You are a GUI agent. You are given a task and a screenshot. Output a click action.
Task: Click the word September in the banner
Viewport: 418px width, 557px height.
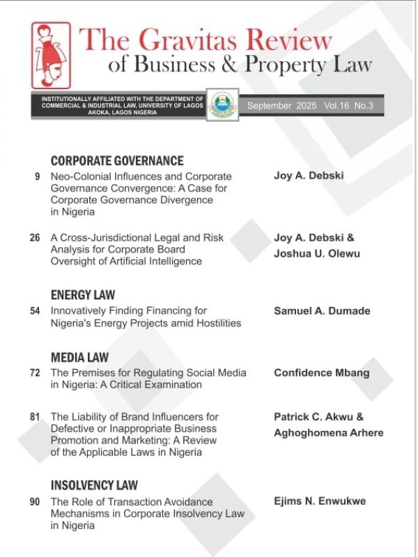pos(270,106)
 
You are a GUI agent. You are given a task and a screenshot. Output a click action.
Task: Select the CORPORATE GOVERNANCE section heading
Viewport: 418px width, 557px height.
pos(117,161)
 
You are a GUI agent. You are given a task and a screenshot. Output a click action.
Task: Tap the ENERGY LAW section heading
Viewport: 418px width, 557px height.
pos(83,295)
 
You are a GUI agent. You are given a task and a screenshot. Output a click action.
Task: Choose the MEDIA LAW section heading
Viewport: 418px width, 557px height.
pos(79,358)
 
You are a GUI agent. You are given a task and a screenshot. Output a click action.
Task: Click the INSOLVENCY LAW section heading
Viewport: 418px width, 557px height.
pos(95,485)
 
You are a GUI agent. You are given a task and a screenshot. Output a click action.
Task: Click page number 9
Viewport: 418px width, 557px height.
pos(36,177)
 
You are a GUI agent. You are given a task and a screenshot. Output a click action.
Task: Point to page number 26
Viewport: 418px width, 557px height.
pos(35,238)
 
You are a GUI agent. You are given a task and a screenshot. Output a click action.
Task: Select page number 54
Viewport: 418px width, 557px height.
pos(35,311)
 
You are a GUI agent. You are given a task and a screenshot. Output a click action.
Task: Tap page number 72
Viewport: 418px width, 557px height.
pos(35,373)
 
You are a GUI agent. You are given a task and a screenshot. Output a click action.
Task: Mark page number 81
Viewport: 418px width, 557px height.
pos(35,417)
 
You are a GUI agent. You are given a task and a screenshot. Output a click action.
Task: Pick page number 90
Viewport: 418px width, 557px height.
pos(35,501)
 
